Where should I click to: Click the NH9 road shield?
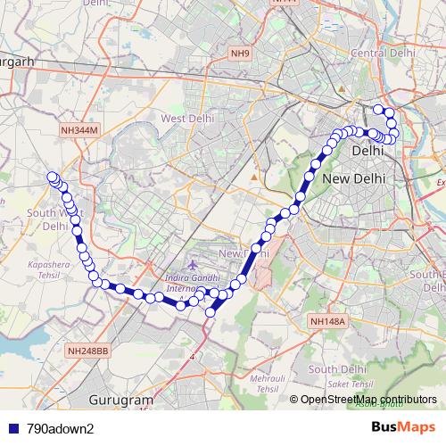(240, 54)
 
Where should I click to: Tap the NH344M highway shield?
(79, 131)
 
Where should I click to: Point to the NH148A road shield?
(326, 321)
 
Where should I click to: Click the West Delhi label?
(186, 119)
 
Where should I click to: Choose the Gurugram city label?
(121, 401)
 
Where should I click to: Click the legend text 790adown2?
(61, 428)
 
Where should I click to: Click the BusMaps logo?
(404, 427)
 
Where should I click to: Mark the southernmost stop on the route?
(211, 312)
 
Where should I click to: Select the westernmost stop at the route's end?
(52, 177)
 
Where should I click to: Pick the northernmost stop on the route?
(378, 109)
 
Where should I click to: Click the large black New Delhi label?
(354, 178)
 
